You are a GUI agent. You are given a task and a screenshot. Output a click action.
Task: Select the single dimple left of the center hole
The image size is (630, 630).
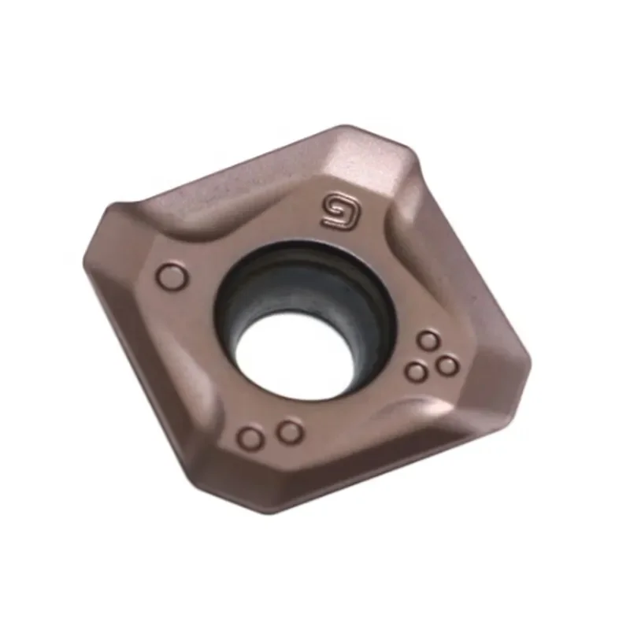tap(171, 277)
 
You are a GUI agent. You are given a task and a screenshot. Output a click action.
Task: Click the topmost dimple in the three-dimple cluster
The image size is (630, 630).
tap(428, 341)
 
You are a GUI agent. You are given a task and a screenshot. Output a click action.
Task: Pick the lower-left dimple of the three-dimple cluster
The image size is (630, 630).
tap(415, 371)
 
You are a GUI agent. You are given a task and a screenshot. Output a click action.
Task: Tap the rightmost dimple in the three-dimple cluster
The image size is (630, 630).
tap(447, 365)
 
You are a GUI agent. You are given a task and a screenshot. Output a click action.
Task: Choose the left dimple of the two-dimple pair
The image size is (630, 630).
tap(251, 438)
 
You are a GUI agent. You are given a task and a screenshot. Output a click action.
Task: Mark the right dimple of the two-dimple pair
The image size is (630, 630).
tap(290, 431)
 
